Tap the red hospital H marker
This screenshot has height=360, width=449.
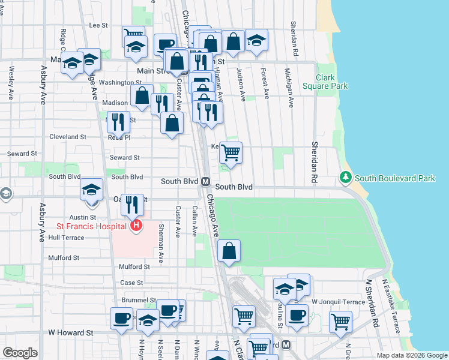[x=136, y=226]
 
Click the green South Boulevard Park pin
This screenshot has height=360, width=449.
[x=346, y=178]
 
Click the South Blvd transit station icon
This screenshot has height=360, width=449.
[x=205, y=181]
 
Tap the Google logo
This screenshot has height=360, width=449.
[x=20, y=353]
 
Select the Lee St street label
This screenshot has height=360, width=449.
[x=98, y=25]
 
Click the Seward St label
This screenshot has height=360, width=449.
[x=124, y=158]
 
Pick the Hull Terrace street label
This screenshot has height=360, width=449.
[x=66, y=238]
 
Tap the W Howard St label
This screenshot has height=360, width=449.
[x=71, y=332]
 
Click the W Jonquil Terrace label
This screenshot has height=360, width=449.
[x=337, y=301]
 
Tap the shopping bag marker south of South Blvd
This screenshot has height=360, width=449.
[x=229, y=251]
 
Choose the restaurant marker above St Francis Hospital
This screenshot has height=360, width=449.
[x=132, y=205]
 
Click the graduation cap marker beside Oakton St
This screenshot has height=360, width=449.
[x=91, y=190]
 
